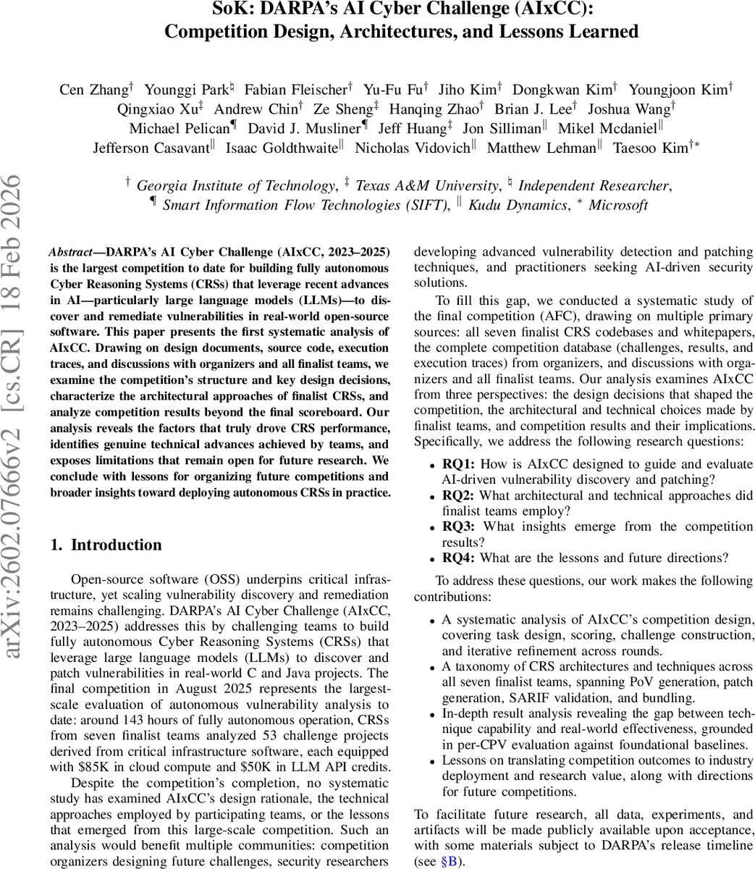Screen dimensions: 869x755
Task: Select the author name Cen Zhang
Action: pos(93,90)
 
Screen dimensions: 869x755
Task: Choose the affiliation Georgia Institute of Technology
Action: pos(235,185)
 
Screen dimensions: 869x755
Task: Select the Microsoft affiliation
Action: pos(617,205)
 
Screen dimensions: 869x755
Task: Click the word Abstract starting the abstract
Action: pos(70,252)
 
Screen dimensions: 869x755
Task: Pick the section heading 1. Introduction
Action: pos(106,545)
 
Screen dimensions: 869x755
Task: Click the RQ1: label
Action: pos(459,464)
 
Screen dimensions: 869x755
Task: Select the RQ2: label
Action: pos(459,496)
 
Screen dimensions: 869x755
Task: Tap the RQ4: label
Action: pos(459,558)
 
